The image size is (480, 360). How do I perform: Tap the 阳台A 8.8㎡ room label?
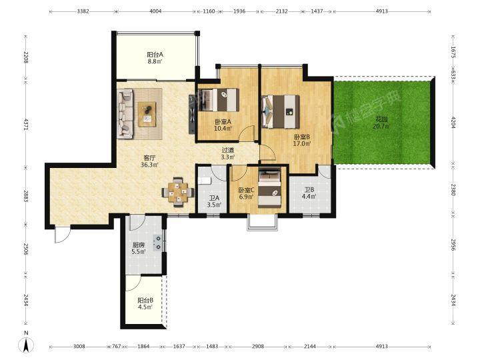click(155, 58)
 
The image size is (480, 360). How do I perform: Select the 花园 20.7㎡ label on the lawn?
click(381, 123)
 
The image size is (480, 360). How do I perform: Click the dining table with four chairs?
click(178, 192)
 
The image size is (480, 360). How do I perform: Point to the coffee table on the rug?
click(147, 114)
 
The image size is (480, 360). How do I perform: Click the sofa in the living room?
click(125, 114)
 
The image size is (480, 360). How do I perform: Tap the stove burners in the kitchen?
click(158, 242)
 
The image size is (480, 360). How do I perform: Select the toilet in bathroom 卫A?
click(205, 180)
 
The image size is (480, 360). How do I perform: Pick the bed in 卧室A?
click(219, 100)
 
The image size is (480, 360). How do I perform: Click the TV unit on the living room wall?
click(192, 114)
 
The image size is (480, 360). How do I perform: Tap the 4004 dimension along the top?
click(155, 11)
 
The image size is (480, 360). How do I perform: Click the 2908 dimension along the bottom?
click(258, 347)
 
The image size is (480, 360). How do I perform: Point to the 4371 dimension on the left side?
click(26, 125)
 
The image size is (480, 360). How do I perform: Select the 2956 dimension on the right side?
click(453, 245)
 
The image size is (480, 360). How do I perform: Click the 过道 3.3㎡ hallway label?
click(228, 154)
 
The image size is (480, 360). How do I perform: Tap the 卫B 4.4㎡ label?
click(309, 193)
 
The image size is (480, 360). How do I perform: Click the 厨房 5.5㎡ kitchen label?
click(139, 248)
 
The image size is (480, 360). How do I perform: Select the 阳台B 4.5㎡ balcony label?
click(145, 304)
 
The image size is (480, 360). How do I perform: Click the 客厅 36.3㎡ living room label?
click(149, 161)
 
